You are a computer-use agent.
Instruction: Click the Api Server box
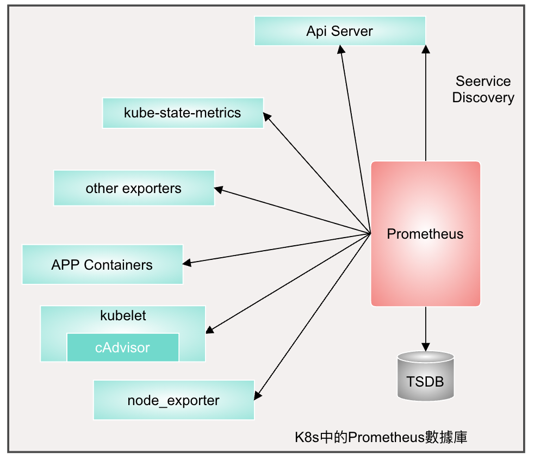tap(340, 31)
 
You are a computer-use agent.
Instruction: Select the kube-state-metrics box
tap(183, 113)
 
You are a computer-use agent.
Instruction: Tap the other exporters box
tap(134, 188)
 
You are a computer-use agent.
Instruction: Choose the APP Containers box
tap(102, 264)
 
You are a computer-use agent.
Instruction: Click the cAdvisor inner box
tap(122, 347)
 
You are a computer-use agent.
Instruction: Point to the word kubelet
tap(123, 315)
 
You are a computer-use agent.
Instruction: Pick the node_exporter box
tap(173, 400)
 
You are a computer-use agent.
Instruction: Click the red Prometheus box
tap(425, 234)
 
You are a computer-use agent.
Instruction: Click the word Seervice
tap(483, 82)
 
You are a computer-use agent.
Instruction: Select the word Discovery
tap(483, 98)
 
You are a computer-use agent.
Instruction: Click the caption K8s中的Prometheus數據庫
tap(381, 437)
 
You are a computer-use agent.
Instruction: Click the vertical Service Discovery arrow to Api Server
tap(425, 103)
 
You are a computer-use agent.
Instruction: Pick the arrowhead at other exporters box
tap(218, 189)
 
